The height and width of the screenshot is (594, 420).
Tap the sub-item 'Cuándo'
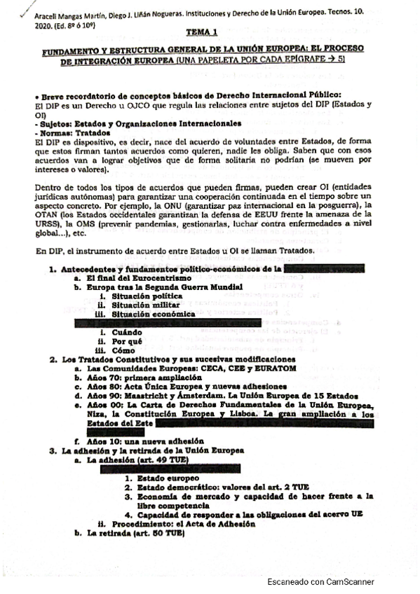(128, 331)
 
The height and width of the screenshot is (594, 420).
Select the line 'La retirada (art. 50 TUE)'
(133, 533)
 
